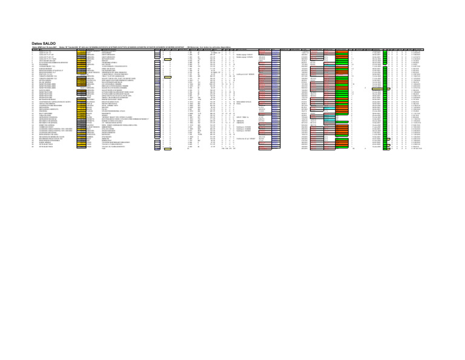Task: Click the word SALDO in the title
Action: click(50, 44)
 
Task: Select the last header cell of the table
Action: click(452, 50)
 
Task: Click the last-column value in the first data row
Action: click(451, 52)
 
